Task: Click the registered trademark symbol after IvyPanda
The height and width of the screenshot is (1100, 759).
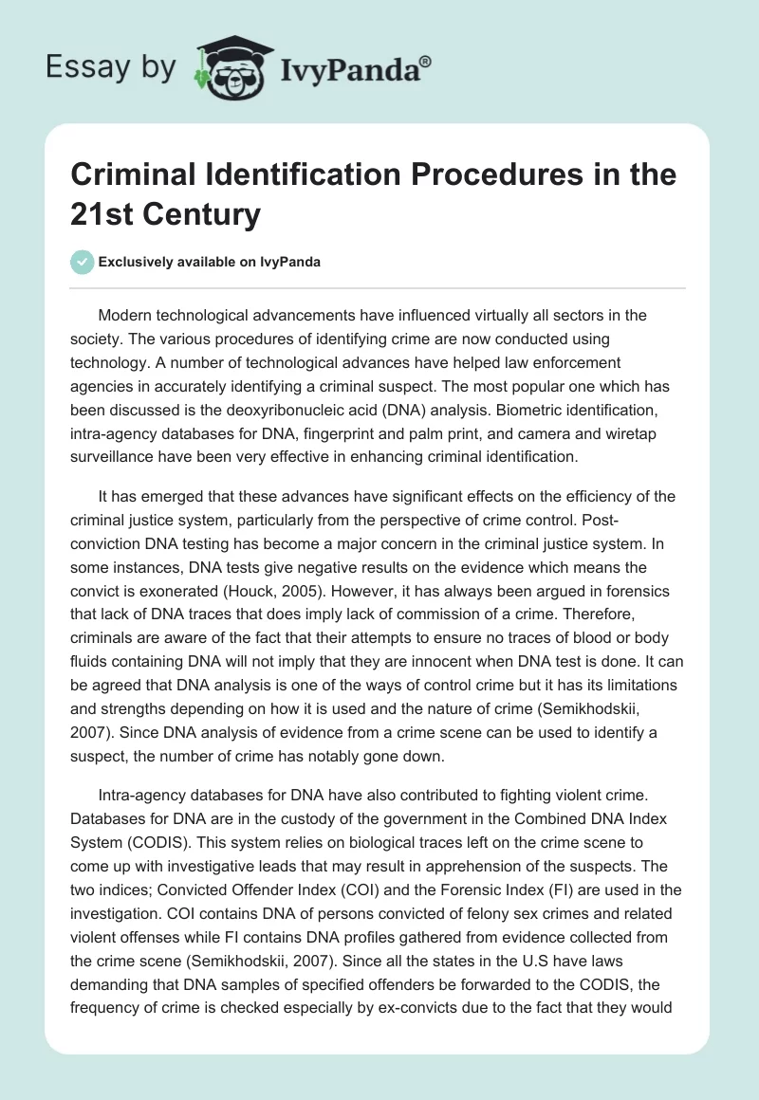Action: pos(426,62)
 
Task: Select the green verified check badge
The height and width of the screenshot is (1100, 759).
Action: pos(83,262)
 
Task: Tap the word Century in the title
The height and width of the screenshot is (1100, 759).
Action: pos(200,215)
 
